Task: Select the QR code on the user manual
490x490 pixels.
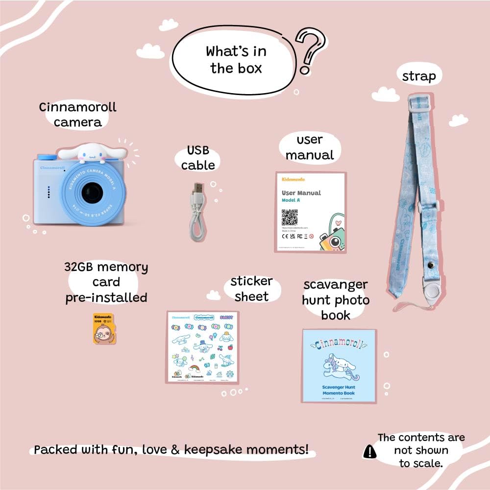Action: pyautogui.click(x=290, y=217)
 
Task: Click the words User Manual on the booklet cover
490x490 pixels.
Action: pyautogui.click(x=301, y=193)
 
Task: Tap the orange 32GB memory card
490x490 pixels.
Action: pyautogui.click(x=102, y=328)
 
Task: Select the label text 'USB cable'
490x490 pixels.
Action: pyautogui.click(x=198, y=158)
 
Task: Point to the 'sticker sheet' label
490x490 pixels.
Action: pyautogui.click(x=251, y=289)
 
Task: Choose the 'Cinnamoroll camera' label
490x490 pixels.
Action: pyautogui.click(x=78, y=114)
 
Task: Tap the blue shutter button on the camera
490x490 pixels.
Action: pyautogui.click(x=47, y=156)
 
